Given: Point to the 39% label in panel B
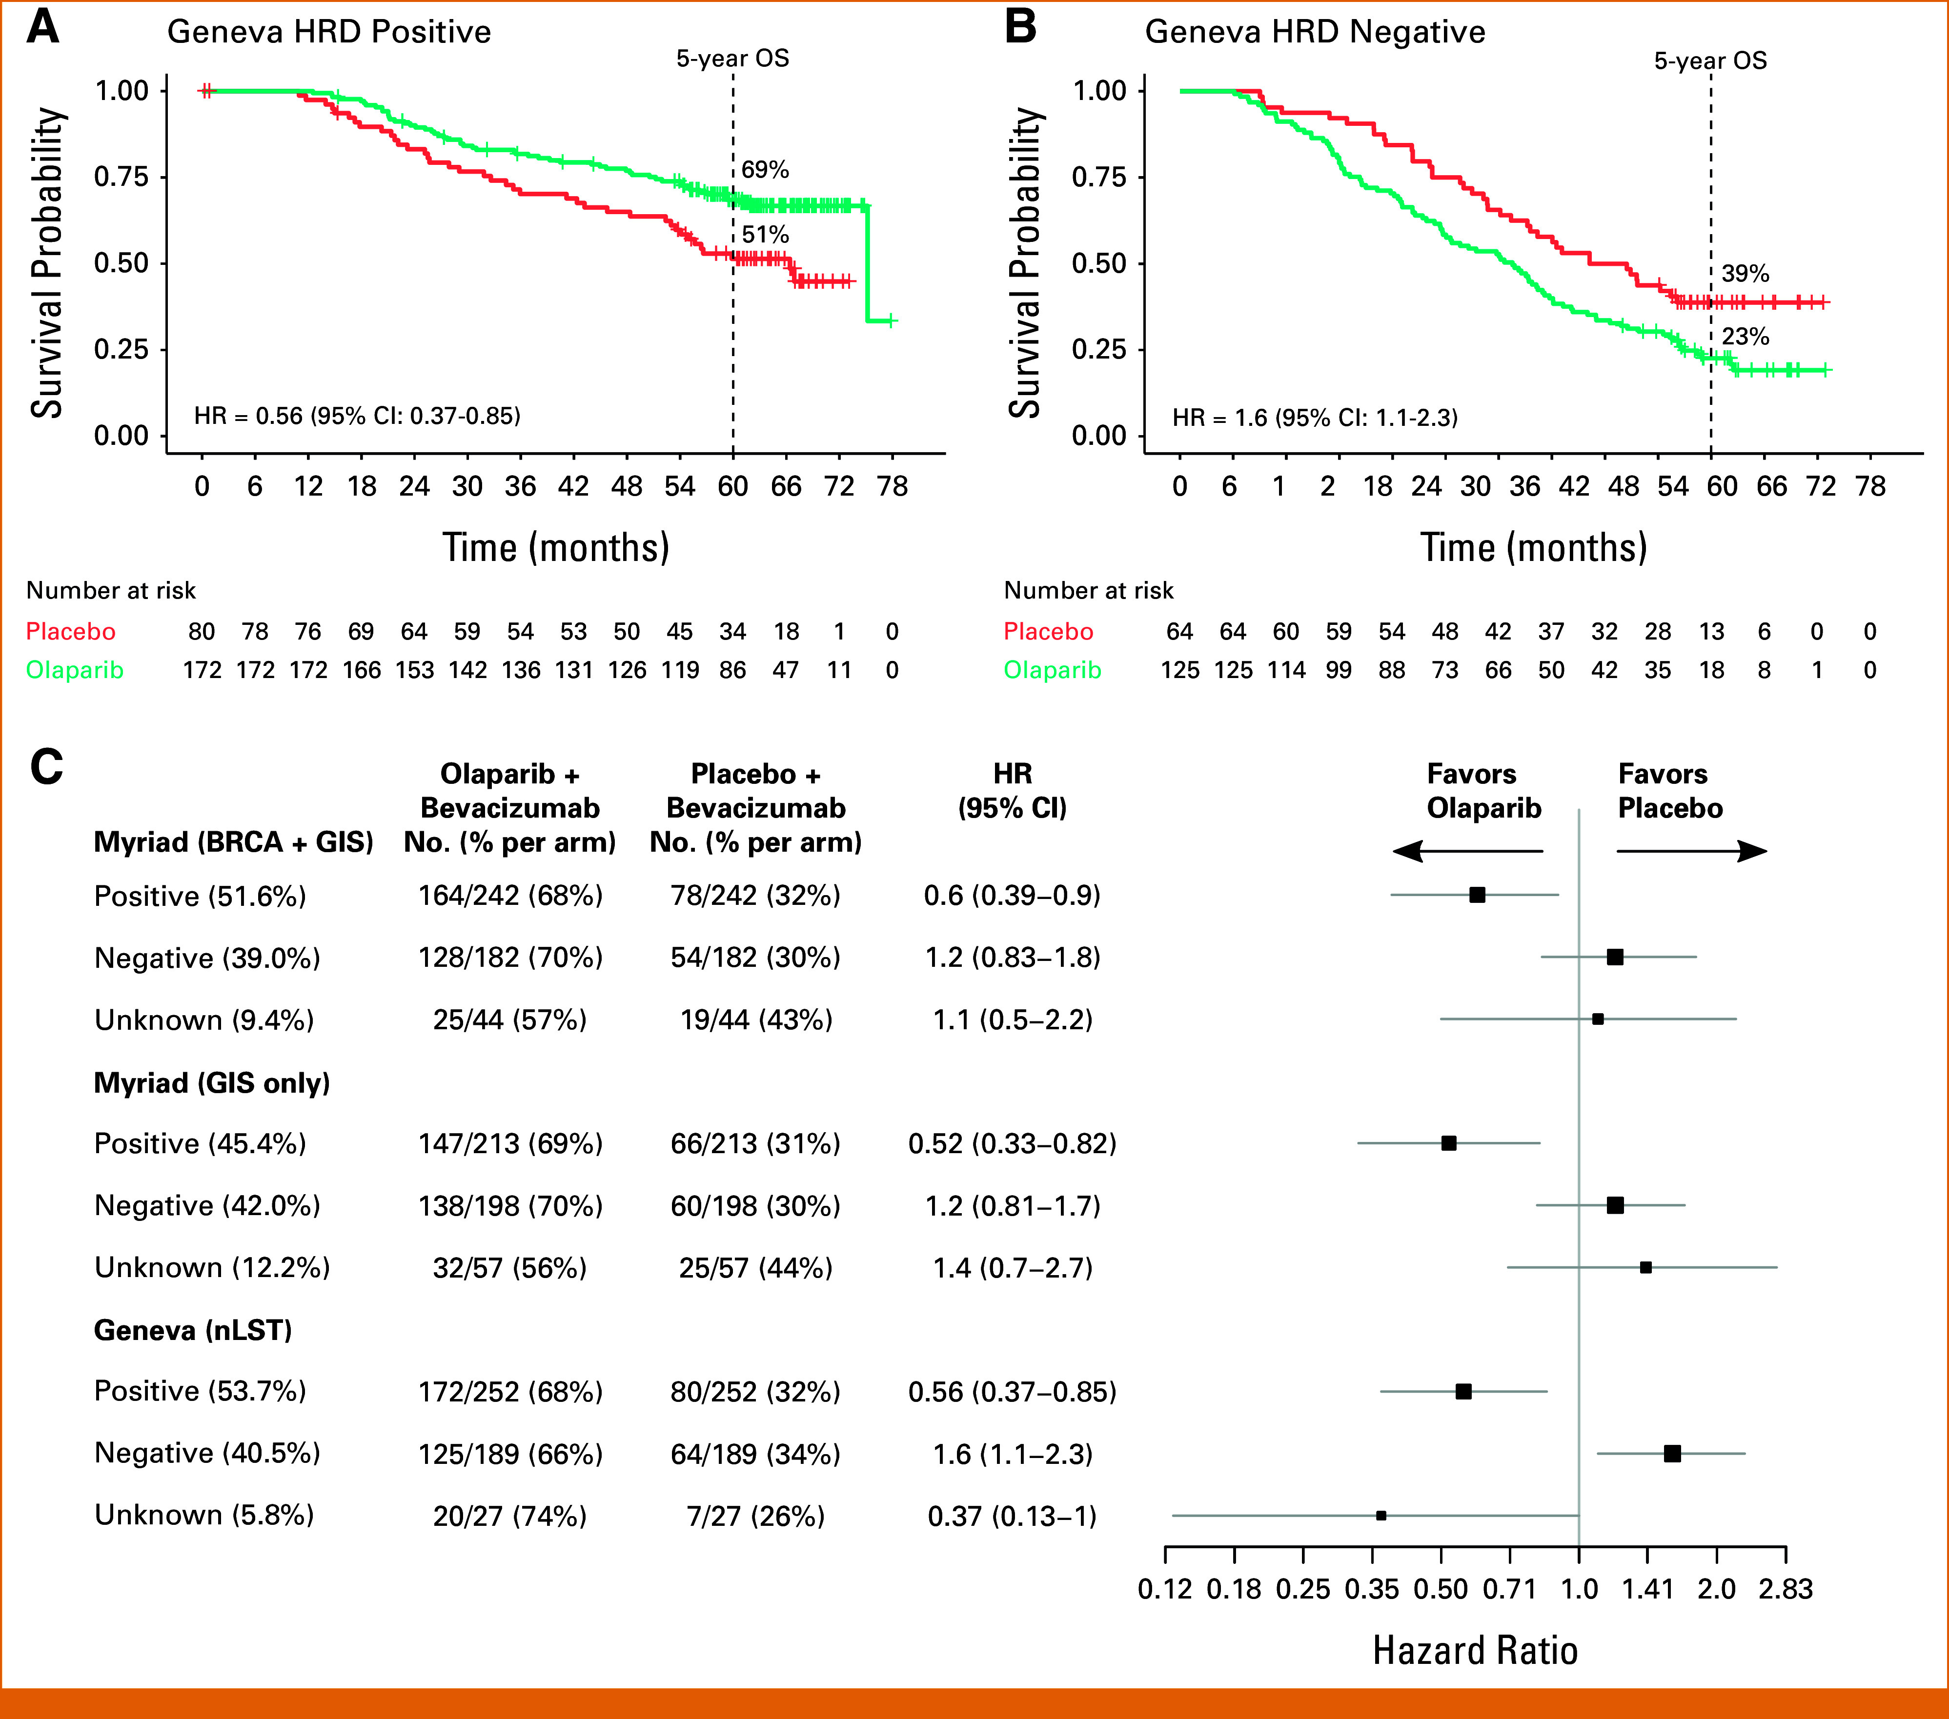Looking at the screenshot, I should point(1745,274).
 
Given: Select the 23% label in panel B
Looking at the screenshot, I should point(1745,337).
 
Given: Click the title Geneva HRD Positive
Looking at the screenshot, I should point(329,32).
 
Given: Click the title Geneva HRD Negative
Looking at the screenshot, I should point(1315,32).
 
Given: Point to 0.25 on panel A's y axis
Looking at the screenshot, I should point(121,349).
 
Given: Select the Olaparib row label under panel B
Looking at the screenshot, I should point(1052,670).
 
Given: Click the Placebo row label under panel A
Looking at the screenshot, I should point(71,631).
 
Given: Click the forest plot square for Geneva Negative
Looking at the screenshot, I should point(1671,1453).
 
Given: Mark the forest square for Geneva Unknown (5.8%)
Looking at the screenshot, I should point(1381,1515).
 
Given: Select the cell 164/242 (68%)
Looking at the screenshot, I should point(510,895).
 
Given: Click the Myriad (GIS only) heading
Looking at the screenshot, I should point(212,1083).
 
